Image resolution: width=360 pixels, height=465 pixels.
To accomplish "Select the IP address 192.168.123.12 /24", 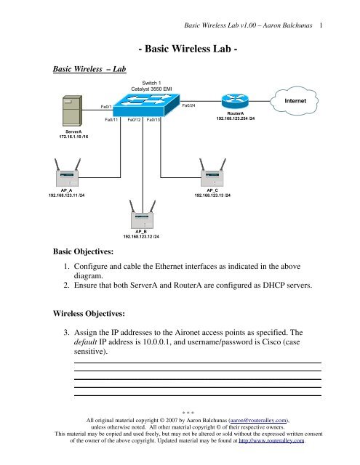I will (x=142, y=236).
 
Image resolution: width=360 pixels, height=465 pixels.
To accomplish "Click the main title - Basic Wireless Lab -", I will (x=188, y=49).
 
